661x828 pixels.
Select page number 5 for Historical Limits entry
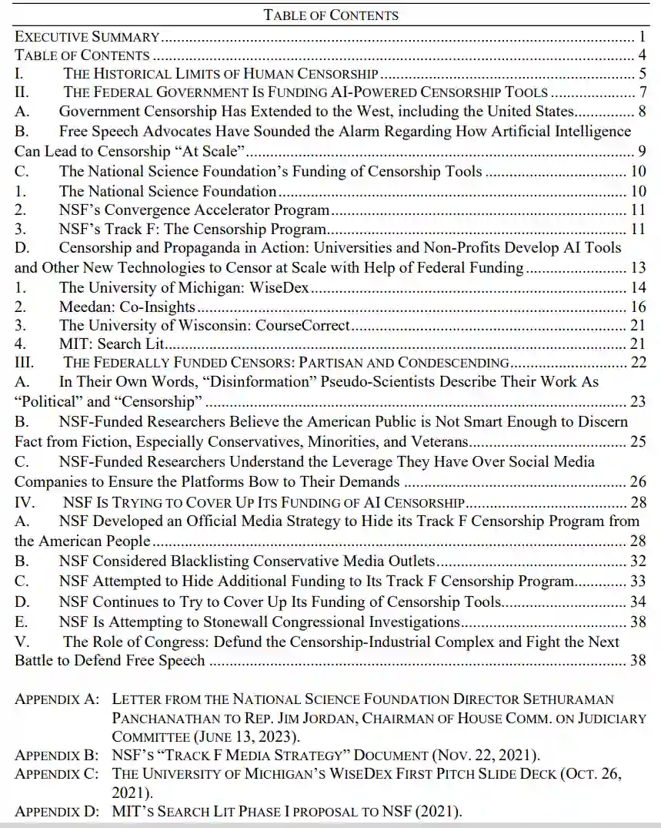641,75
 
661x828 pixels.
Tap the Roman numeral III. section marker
25,362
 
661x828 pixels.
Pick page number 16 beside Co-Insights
637,307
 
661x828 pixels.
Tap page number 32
637,561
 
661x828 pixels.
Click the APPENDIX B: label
58,754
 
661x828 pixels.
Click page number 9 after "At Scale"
641,152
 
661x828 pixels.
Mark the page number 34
637,602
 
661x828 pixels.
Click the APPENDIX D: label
58,810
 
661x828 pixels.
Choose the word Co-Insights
159,307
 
